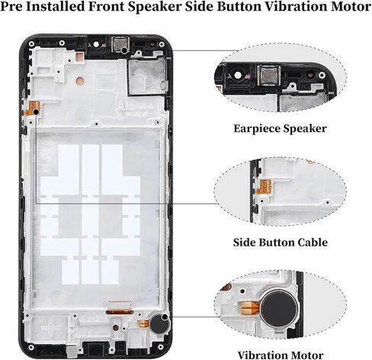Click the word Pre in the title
[x=11, y=7]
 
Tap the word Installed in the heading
[x=56, y=7]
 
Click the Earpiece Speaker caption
[x=280, y=129]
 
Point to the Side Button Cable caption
[x=281, y=243]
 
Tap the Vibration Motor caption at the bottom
[x=281, y=355]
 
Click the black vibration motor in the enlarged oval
[x=279, y=308]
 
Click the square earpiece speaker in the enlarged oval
[x=268, y=76]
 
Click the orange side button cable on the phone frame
[x=33, y=108]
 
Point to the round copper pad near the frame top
[x=80, y=81]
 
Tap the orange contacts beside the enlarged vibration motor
[x=249, y=308]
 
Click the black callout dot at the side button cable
[x=37, y=112]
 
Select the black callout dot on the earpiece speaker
[x=124, y=50]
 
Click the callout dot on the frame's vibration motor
[x=165, y=317]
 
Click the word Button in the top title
[x=239, y=7]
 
